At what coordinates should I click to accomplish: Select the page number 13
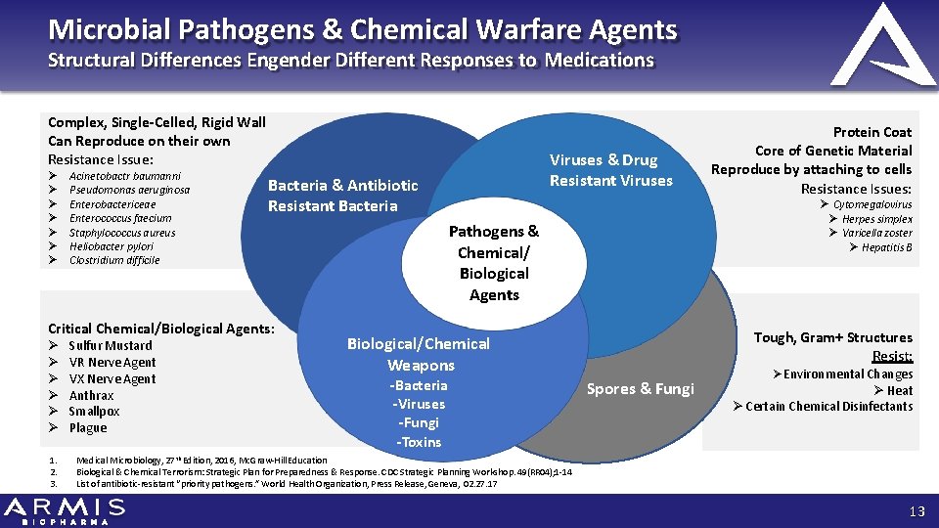pyautogui.click(x=916, y=510)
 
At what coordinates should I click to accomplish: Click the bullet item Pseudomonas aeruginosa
pyautogui.click(x=129, y=190)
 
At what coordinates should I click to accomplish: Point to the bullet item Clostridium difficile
pyautogui.click(x=113, y=260)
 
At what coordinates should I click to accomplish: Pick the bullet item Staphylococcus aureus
pyautogui.click(x=121, y=233)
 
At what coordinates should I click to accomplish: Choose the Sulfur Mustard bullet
pyautogui.click(x=110, y=345)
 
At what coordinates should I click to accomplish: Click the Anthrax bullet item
pyautogui.click(x=91, y=396)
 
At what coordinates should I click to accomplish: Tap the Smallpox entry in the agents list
pyautogui.click(x=94, y=412)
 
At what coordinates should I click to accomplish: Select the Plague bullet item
pyautogui.click(x=88, y=427)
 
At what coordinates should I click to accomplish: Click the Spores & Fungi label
pyautogui.click(x=640, y=389)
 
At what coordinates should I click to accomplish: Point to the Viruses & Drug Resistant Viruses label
pyautogui.click(x=611, y=170)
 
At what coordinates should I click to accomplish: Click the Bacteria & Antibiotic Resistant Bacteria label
pyautogui.click(x=342, y=196)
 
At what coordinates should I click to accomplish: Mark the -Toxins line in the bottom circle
pyautogui.click(x=419, y=442)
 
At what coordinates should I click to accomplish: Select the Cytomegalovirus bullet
pyautogui.click(x=872, y=204)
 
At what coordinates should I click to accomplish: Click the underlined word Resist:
pyautogui.click(x=892, y=356)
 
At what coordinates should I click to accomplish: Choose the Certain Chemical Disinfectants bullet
pyautogui.click(x=828, y=406)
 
